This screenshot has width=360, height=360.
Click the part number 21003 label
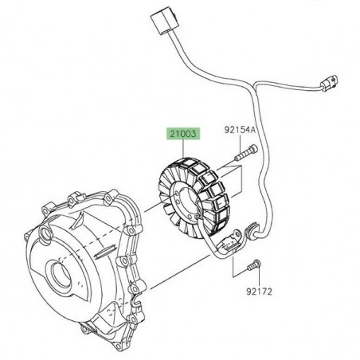[182, 136]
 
